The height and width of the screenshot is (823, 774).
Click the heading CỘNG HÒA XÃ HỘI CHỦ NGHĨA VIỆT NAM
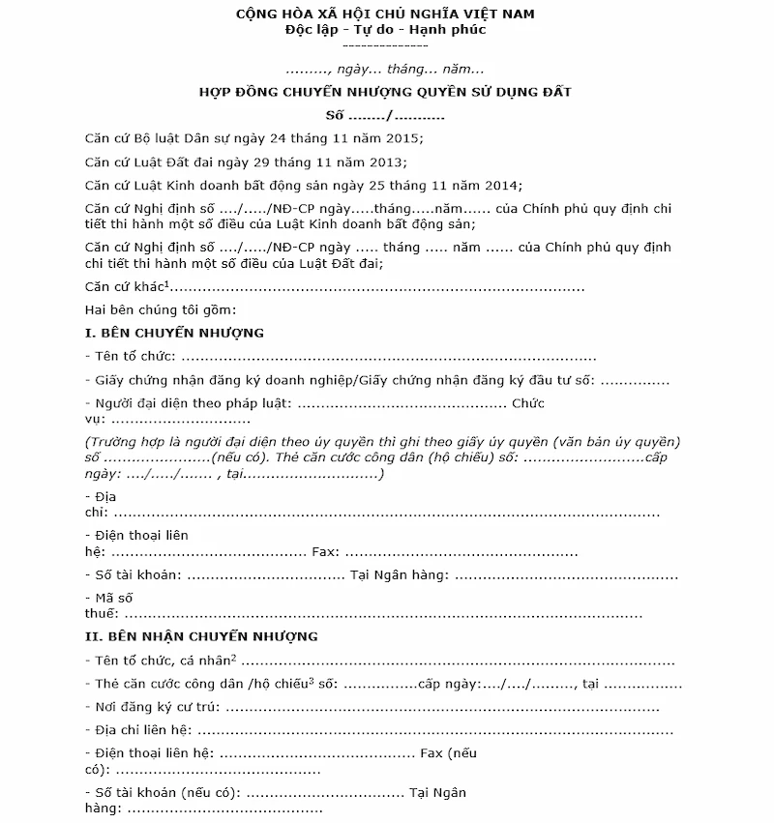click(x=385, y=14)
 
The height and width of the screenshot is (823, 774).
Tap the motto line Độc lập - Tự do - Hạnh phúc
click(x=385, y=29)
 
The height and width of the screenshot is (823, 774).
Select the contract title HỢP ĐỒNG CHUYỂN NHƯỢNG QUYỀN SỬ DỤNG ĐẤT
click(x=385, y=92)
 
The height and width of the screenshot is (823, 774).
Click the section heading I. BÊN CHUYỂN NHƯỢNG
click(x=174, y=333)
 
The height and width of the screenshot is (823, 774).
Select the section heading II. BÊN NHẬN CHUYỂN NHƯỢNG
click(x=201, y=636)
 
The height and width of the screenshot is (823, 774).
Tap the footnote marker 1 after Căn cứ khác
click(x=167, y=282)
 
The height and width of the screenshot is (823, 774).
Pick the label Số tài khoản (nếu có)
click(x=164, y=793)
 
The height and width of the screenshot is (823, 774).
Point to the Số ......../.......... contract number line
click(x=385, y=115)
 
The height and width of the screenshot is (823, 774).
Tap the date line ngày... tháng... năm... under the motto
click(x=385, y=70)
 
